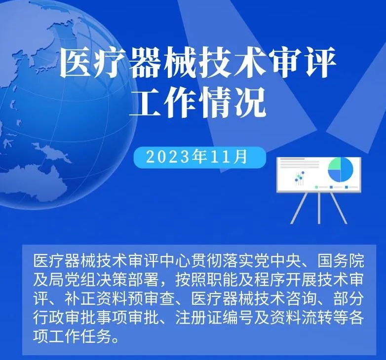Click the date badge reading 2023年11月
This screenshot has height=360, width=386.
tap(199, 157)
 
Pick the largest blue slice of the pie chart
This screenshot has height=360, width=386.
tap(347, 170)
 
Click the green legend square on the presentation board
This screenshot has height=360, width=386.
tap(316, 187)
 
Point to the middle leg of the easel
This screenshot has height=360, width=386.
tap(319, 208)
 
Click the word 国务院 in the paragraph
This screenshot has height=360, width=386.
tap(341, 261)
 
